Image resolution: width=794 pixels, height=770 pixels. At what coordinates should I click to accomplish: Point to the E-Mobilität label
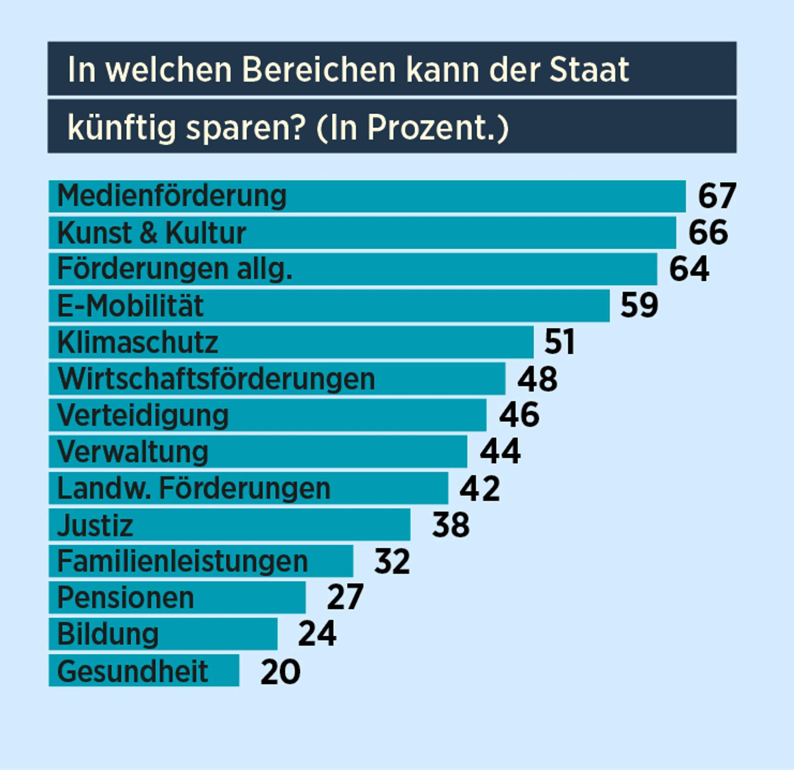130,306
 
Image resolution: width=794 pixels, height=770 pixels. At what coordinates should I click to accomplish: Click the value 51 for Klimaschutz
559,342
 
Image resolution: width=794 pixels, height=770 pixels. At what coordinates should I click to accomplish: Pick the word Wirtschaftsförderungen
216,379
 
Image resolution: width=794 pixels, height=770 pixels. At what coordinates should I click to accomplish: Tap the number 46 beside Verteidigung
519,415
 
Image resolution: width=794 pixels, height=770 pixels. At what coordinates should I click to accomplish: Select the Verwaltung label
132,452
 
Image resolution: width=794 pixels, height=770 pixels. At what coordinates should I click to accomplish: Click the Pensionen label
126,597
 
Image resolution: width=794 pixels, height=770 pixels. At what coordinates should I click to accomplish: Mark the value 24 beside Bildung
317,633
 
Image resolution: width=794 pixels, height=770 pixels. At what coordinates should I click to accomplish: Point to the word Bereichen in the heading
319,69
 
